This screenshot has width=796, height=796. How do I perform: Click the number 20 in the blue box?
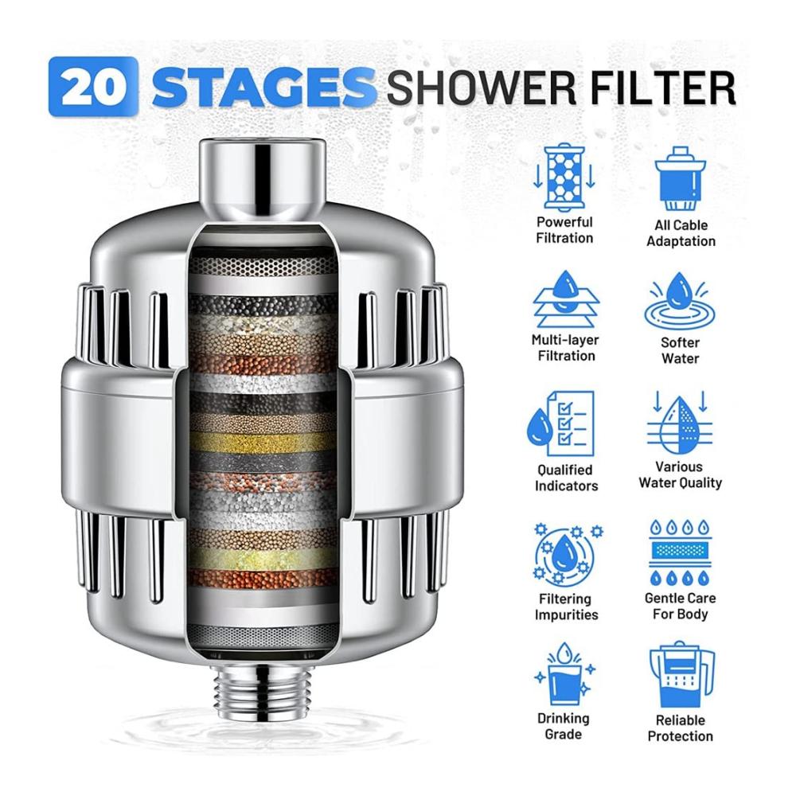[x=93, y=88]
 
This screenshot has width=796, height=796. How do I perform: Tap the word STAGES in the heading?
[x=264, y=88]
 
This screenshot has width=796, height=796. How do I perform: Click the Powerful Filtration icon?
[x=564, y=178]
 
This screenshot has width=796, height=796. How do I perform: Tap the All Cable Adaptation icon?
[x=681, y=179]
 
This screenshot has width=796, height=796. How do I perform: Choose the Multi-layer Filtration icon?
[x=565, y=299]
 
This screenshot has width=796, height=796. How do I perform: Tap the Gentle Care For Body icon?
[x=681, y=552]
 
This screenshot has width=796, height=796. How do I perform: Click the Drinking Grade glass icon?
[x=564, y=675]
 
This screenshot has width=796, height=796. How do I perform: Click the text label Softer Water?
[x=681, y=350]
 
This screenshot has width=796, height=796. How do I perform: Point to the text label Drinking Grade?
[x=564, y=726]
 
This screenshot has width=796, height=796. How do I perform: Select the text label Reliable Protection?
[x=681, y=728]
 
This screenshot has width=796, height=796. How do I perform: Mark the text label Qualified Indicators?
[x=565, y=478]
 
